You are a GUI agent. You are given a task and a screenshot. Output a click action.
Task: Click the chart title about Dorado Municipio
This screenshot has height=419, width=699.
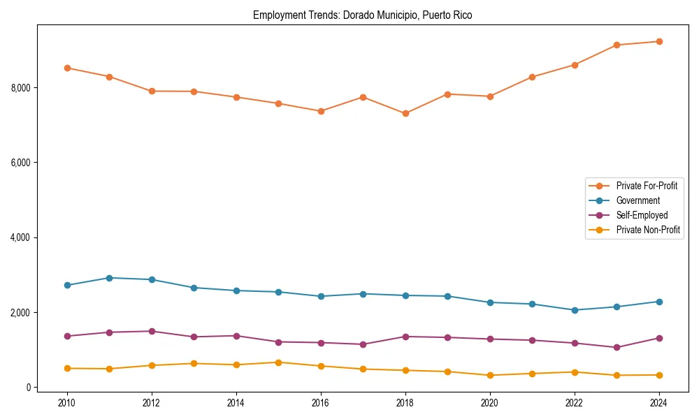(x=362, y=15)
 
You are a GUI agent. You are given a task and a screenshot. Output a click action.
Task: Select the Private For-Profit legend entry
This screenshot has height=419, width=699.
(x=646, y=186)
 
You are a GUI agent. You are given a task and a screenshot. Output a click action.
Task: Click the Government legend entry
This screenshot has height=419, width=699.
(x=637, y=200)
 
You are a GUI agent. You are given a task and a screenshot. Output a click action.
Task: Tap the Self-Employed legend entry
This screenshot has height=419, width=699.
(x=642, y=215)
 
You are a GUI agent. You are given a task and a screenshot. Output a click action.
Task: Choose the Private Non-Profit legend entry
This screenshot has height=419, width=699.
(x=648, y=230)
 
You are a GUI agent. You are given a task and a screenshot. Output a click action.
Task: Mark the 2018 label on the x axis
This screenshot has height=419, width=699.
(x=405, y=403)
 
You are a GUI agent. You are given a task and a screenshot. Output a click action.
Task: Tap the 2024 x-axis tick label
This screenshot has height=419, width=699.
(x=658, y=403)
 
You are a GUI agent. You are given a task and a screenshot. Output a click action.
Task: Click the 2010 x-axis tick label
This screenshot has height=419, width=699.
(x=67, y=403)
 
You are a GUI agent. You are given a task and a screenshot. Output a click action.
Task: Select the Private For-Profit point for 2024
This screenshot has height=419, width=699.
(x=658, y=41)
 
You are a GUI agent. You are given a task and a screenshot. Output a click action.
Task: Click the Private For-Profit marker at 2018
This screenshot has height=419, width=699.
(x=405, y=113)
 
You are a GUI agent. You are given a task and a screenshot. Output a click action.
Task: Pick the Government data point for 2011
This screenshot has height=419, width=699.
(x=109, y=278)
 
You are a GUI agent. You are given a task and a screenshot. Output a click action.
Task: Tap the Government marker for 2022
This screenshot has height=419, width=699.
(x=575, y=310)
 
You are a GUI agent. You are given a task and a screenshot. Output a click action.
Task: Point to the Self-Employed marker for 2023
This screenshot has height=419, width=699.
(x=617, y=347)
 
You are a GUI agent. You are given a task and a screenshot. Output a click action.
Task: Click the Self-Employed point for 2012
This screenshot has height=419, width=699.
(x=152, y=331)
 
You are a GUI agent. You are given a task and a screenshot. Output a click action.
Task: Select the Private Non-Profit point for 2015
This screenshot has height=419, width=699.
(x=278, y=362)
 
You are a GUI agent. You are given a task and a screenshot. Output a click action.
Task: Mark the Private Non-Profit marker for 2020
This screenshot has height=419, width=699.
(x=489, y=375)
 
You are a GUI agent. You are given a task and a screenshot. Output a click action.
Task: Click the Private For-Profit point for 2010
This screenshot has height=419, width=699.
(x=67, y=68)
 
